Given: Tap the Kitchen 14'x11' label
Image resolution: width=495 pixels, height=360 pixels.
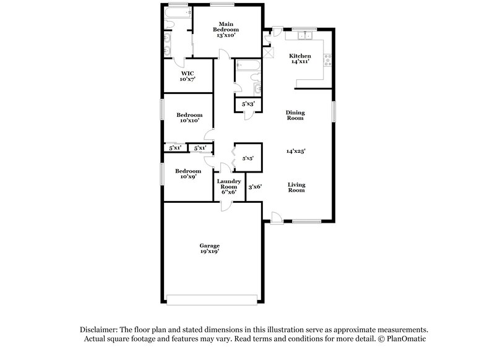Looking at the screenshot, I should (300, 59).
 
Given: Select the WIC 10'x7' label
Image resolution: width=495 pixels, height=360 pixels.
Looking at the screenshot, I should (187, 76).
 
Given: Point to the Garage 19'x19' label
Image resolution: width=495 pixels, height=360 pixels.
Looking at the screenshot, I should (209, 249).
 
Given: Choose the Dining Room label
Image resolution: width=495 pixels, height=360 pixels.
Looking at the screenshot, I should (295, 115).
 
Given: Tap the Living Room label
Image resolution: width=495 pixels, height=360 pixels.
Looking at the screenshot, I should (296, 187).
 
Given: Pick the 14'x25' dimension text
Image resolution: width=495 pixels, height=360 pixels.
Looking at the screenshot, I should (296, 151).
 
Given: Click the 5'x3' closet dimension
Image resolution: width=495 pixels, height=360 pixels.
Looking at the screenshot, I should (247, 104).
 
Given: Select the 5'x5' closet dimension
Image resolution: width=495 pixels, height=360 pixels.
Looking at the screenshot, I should (247, 158).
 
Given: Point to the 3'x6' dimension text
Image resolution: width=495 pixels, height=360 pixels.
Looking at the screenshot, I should (255, 186).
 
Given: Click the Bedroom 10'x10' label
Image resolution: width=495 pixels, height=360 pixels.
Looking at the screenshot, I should (189, 118).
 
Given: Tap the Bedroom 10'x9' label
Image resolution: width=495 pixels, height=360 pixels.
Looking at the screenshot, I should (187, 174).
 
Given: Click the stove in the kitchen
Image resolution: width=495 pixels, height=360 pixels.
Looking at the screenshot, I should (328, 61).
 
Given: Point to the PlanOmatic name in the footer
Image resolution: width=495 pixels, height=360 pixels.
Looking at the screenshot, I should (406, 340).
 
